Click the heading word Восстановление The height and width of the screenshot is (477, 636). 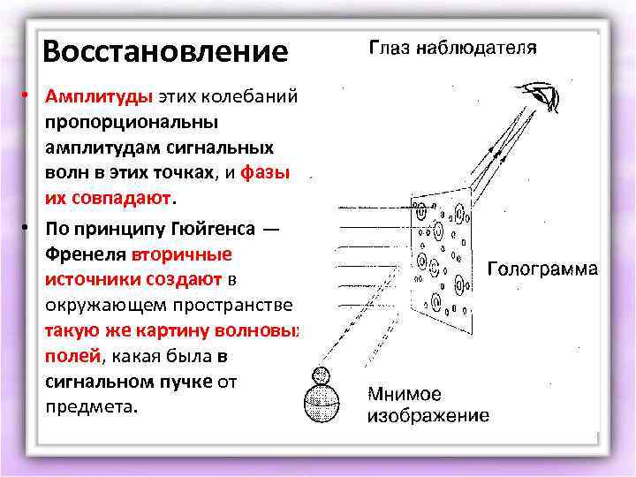pos(165,50)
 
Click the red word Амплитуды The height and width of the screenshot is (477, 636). pos(98,95)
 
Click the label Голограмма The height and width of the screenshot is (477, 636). pos(543,269)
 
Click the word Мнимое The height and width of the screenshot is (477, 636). pos(405,394)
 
